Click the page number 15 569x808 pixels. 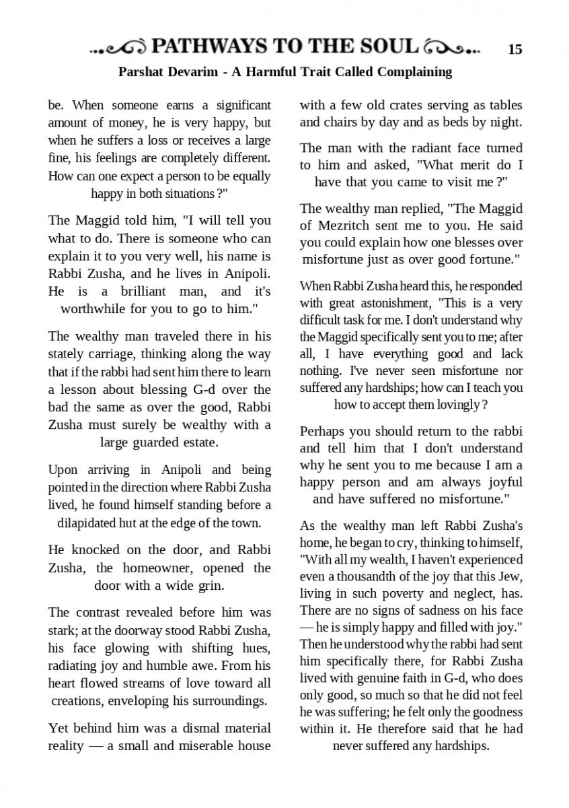[515, 49]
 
